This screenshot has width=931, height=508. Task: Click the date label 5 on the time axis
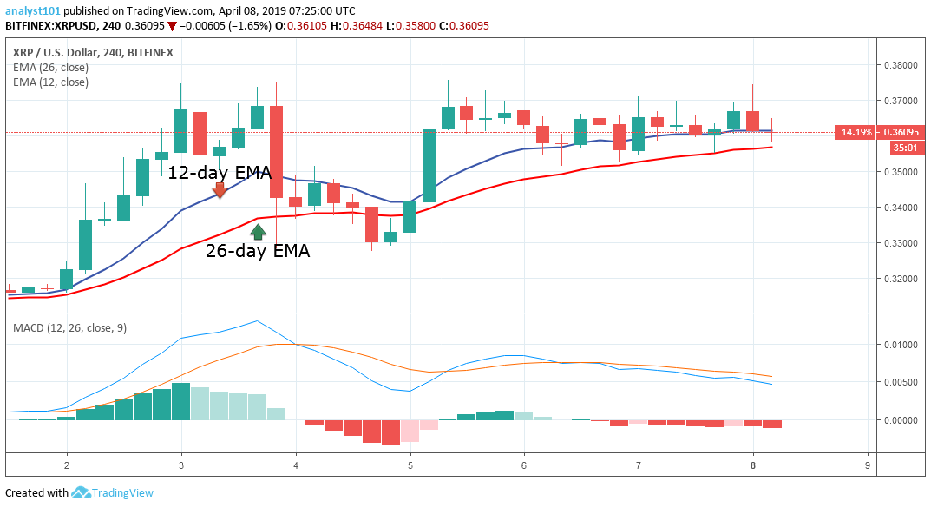[x=410, y=465]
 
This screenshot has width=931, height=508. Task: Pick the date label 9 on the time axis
[x=868, y=465]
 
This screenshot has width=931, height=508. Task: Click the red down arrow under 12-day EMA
[x=220, y=190]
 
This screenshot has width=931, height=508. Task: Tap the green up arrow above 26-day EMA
[x=258, y=231]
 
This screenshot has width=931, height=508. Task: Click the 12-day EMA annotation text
[x=220, y=172]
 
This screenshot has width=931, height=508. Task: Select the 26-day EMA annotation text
[x=258, y=252]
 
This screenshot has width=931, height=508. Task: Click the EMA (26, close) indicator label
[x=50, y=67]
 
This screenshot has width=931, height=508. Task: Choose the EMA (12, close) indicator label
[x=50, y=82]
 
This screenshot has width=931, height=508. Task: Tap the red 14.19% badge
[x=850, y=133]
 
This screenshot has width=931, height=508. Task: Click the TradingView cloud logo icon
[x=82, y=492]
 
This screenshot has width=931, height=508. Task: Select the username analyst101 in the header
[x=31, y=10]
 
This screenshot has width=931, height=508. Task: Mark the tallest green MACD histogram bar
[x=180, y=402]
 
